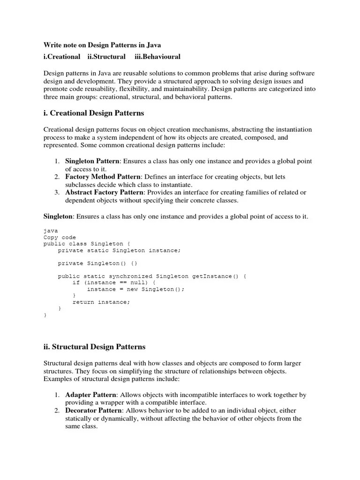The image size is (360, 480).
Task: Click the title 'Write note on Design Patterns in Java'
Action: [102, 45]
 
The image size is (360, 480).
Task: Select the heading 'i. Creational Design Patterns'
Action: [94, 113]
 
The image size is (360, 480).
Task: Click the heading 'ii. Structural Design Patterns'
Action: [95, 347]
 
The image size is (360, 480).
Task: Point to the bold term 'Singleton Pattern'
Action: [92, 161]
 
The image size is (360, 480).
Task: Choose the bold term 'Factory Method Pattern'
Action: [103, 177]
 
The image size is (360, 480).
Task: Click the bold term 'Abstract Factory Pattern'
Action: [104, 192]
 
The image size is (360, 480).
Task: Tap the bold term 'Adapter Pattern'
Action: [90, 395]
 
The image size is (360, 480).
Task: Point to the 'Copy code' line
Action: [60, 238]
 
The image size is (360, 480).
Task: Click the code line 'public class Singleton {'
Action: [83, 244]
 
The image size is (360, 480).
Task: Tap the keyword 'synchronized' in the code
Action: [132, 277]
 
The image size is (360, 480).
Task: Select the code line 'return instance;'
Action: [101, 302]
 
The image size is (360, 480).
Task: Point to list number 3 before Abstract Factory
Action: [56, 192]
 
